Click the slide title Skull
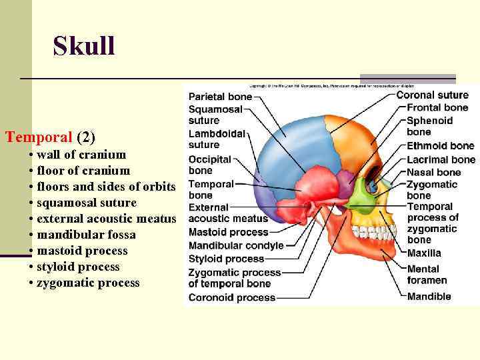[84, 47]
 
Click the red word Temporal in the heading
[39, 138]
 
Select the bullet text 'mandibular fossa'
[86, 235]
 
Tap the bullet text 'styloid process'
[78, 267]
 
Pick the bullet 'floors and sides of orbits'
[106, 187]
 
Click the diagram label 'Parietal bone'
[220, 97]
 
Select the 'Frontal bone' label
[437, 108]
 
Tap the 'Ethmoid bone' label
[440, 146]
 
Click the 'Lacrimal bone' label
[441, 159]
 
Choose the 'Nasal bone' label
[433, 172]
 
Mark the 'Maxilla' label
[424, 253]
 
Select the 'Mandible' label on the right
[429, 297]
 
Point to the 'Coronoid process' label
[231, 297]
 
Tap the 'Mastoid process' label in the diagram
[228, 232]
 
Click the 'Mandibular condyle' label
[236, 245]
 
